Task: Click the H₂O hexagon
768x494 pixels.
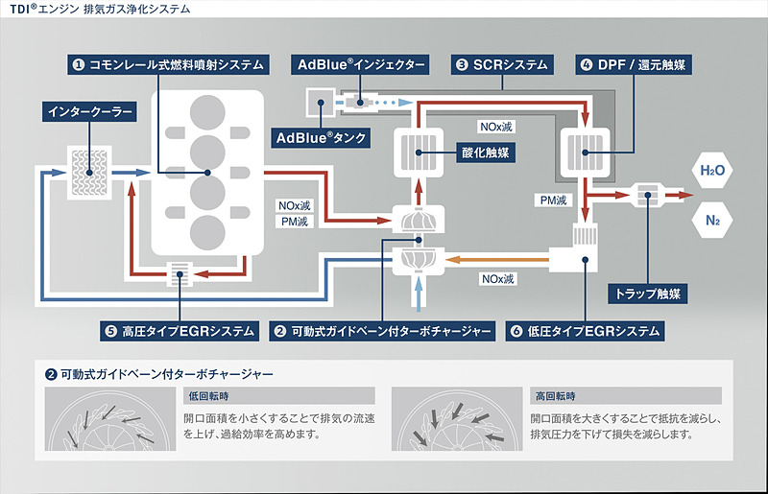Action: (x=711, y=171)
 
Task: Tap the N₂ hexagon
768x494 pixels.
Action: (x=711, y=221)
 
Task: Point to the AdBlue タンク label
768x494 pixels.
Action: (x=322, y=137)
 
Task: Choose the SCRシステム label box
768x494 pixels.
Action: (x=501, y=65)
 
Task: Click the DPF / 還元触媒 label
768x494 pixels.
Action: (x=635, y=65)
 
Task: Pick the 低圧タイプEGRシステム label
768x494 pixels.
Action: (x=584, y=332)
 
